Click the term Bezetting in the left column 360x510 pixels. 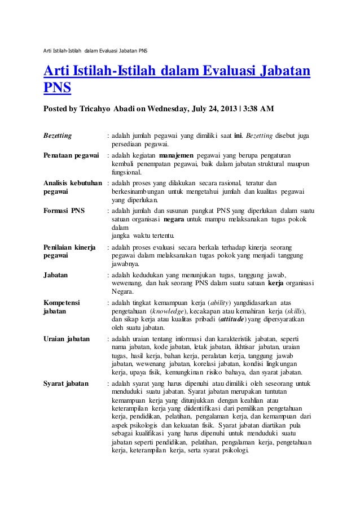coord(58,136)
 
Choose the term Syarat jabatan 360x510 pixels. coord(66,383)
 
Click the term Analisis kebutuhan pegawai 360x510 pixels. coord(73,188)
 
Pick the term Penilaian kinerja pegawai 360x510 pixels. coord(68,252)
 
